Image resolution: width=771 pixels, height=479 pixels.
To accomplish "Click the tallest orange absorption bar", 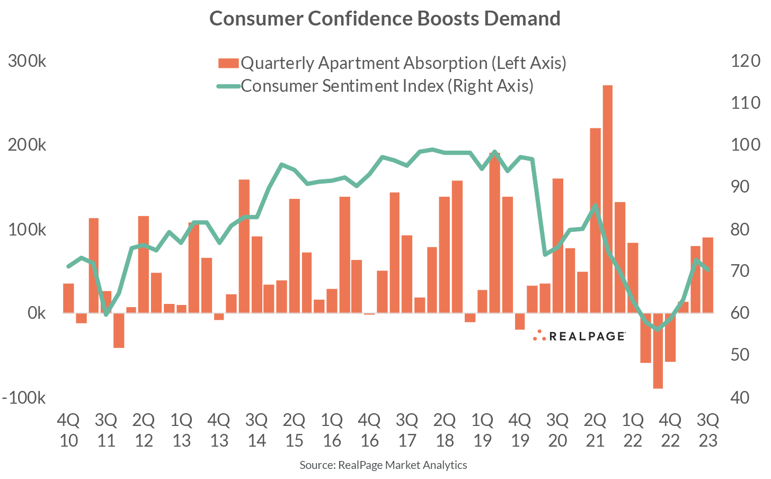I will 607,199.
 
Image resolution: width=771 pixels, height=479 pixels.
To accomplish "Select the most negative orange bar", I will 658,351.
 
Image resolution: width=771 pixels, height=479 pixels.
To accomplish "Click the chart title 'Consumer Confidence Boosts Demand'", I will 385,18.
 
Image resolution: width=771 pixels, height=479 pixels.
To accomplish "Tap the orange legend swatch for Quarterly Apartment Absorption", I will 228,63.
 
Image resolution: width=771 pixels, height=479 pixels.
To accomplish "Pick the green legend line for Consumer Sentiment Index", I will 228,86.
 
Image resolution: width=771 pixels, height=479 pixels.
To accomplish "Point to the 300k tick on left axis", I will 28,61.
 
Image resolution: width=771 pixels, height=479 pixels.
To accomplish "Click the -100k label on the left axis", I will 24,398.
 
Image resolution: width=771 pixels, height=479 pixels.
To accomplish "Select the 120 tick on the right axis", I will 745,61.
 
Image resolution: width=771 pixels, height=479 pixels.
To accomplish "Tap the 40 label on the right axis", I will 740,398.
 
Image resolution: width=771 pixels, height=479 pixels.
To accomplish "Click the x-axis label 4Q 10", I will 68,430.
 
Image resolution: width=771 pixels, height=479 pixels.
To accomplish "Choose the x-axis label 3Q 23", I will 707,430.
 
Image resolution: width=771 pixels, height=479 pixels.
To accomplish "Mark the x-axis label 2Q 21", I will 595,430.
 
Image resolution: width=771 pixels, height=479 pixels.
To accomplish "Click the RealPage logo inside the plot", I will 579,336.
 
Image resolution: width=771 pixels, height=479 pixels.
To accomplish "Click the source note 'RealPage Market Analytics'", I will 383,465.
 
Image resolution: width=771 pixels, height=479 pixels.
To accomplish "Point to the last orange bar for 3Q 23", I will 707,275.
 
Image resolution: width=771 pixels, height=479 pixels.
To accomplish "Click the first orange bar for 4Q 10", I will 68,298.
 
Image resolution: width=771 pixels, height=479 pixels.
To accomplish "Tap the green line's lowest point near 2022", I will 658,329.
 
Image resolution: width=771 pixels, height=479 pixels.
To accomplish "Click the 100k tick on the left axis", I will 28,230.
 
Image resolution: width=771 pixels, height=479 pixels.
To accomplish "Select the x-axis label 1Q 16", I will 331,430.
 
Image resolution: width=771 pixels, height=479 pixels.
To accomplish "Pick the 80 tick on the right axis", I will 740,230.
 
